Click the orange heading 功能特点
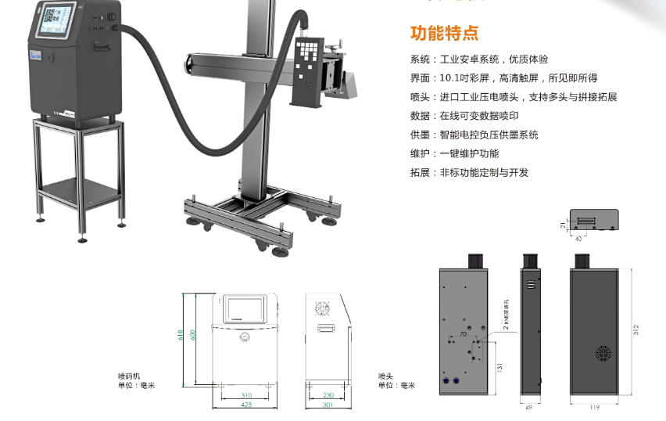[444, 34]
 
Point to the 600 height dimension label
[192, 335]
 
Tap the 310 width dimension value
[246, 396]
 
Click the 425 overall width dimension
[246, 405]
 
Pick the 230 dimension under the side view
[328, 396]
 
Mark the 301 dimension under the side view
[328, 405]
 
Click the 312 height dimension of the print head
[636, 328]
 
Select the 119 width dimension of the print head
[594, 407]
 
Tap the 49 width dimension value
[530, 407]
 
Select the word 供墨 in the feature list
[420, 135]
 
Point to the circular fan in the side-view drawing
[324, 310]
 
